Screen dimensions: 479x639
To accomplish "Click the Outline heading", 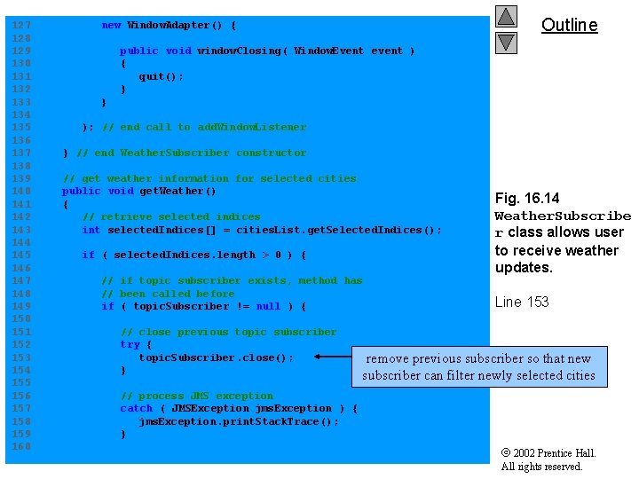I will tap(569, 25).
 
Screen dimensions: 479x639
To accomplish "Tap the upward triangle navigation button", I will tap(506, 16).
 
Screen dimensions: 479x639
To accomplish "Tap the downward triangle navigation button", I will tap(506, 42).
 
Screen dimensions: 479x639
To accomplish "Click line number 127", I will tap(20, 25).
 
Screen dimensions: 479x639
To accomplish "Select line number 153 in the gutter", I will tap(20, 357).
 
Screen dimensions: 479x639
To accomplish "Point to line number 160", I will tap(20, 446).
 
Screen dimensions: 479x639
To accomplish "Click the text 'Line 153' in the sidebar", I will tap(522, 302).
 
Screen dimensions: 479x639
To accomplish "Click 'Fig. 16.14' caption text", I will tap(527, 198).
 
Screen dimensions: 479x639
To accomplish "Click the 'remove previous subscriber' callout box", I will tap(478, 367).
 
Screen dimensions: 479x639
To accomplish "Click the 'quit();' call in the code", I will tap(161, 76).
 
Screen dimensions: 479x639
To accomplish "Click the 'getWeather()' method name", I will tap(177, 191).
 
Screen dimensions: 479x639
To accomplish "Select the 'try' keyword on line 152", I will tap(130, 344).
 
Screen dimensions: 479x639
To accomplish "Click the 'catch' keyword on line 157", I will tap(136, 408).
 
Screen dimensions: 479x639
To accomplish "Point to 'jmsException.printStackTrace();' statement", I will tap(239, 421).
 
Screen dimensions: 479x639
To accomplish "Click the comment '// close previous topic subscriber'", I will tap(228, 332).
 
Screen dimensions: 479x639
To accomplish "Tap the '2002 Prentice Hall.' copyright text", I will tap(554, 453).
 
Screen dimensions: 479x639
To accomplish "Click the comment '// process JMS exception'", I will tap(196, 396).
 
